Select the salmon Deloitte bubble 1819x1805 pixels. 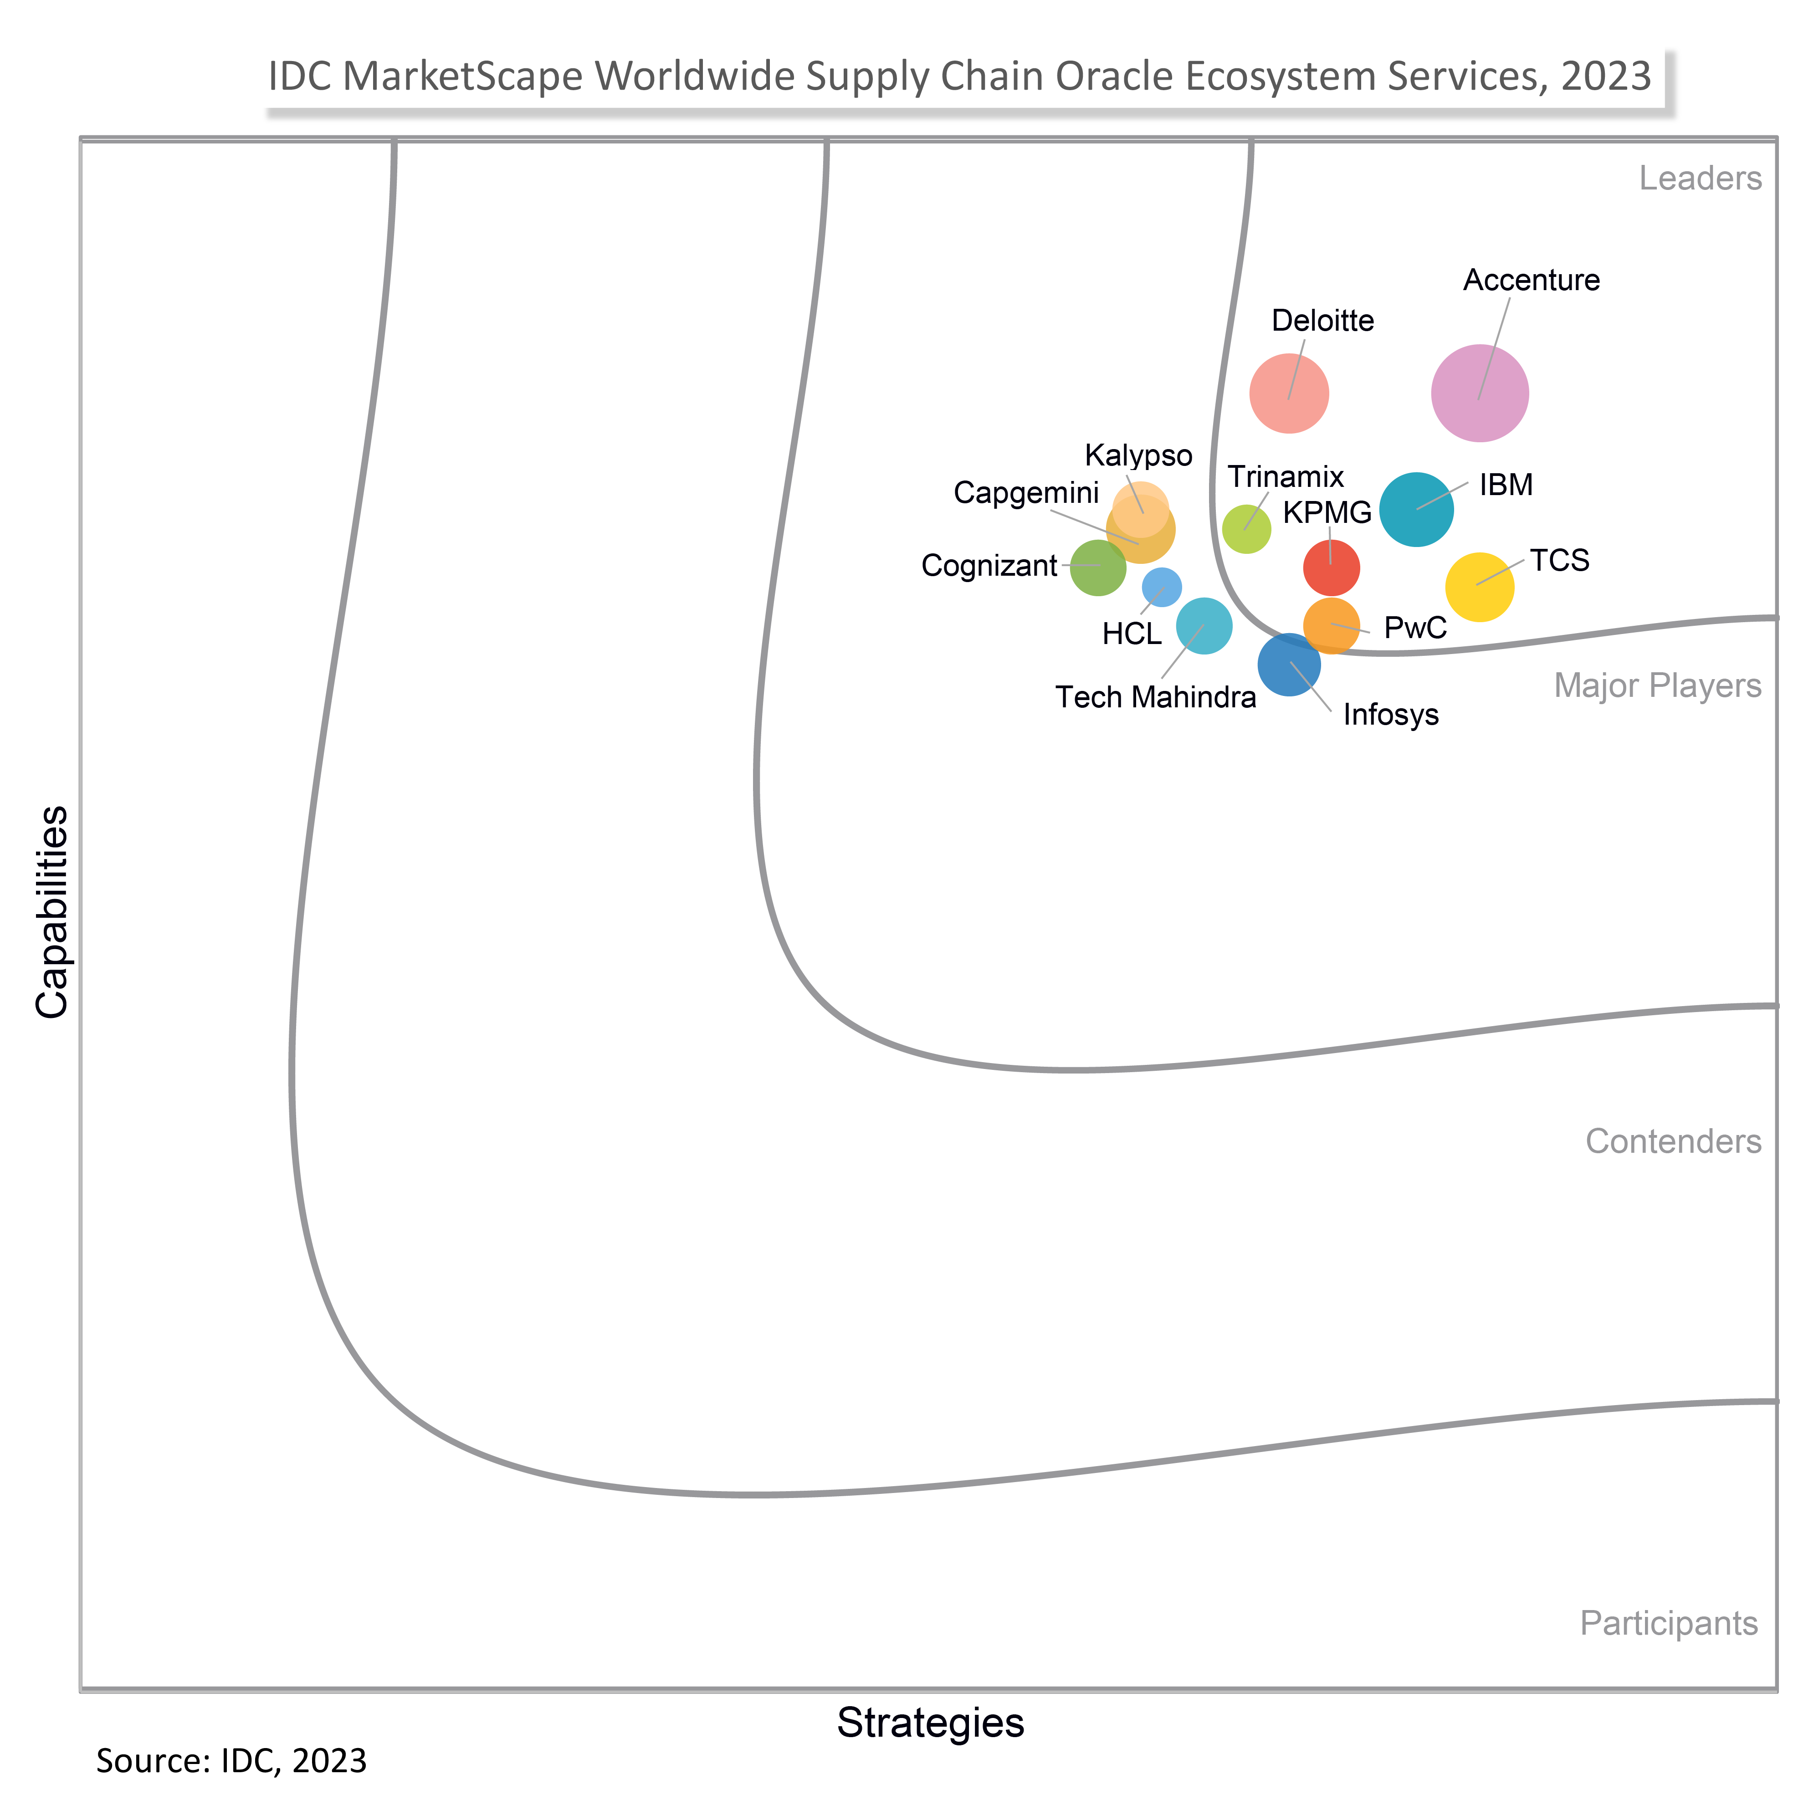tap(1289, 394)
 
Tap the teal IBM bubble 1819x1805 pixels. tap(1416, 509)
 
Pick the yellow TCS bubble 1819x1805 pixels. tap(1479, 587)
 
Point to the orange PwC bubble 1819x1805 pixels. tap(1331, 625)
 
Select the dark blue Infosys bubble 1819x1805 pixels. tap(1289, 665)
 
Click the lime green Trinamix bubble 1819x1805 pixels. tap(1246, 529)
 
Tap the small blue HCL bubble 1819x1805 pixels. tap(1162, 587)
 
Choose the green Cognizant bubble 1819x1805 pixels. tap(1098, 568)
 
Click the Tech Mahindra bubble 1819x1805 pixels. tap(1204, 625)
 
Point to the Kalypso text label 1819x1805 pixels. tap(1138, 456)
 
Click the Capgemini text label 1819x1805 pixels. tap(1026, 492)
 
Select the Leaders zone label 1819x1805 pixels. tap(1700, 178)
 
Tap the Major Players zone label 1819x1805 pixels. tap(1657, 685)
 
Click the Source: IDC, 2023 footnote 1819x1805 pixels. tap(231, 1760)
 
